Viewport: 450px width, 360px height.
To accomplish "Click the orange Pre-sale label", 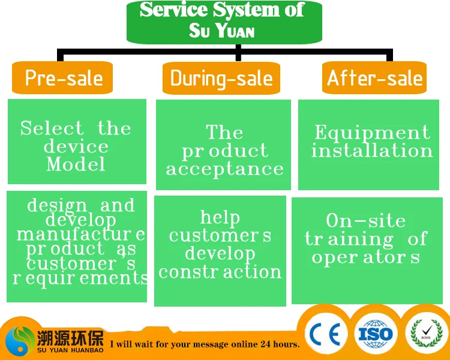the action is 64,78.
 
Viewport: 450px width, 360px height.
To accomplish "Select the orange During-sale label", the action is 221,78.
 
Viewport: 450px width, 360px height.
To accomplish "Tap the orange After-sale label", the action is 374,78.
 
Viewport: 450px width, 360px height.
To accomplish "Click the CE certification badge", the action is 326,334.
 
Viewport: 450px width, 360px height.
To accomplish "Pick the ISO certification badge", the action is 375,334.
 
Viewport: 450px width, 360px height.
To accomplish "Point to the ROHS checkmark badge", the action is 427,333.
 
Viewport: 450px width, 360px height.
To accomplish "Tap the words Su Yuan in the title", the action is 221,30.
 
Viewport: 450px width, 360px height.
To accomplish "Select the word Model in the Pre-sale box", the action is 76,164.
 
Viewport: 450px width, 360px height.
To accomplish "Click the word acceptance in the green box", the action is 224,169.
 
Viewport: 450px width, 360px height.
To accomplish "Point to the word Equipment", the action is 372,133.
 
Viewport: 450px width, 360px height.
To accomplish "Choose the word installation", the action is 372,150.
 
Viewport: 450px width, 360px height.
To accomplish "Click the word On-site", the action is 366,221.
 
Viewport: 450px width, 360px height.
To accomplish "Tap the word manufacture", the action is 80,234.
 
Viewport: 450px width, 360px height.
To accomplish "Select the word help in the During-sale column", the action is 220,217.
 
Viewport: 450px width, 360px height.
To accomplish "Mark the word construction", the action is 220,272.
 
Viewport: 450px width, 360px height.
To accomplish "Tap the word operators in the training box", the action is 365,257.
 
